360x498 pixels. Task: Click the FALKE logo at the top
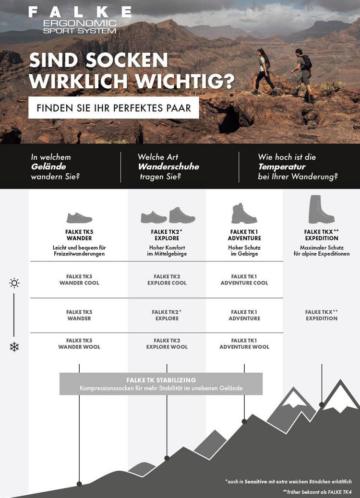click(x=80, y=12)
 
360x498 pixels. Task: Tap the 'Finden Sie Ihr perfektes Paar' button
click(x=113, y=108)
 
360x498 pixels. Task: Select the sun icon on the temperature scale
click(x=14, y=283)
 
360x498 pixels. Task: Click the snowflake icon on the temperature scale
click(x=14, y=346)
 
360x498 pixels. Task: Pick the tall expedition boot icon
click(x=321, y=209)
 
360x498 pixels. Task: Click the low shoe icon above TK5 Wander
click(x=79, y=218)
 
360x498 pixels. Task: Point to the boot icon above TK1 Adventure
click(x=244, y=213)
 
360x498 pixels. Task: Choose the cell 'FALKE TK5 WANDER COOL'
click(x=79, y=280)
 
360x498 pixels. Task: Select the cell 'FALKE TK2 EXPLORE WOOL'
click(x=167, y=344)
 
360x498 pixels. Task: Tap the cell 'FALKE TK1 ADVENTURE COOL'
click(x=244, y=280)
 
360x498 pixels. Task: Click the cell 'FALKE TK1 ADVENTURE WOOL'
click(x=244, y=344)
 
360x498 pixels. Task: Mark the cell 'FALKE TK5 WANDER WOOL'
click(x=79, y=344)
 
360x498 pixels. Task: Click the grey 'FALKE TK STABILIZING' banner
click(x=161, y=384)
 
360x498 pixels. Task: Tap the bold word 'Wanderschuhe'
click(x=168, y=167)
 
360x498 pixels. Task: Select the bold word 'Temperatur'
click(x=282, y=167)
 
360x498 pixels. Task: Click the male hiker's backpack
click(x=307, y=62)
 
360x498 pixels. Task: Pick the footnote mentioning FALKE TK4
click(x=317, y=492)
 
